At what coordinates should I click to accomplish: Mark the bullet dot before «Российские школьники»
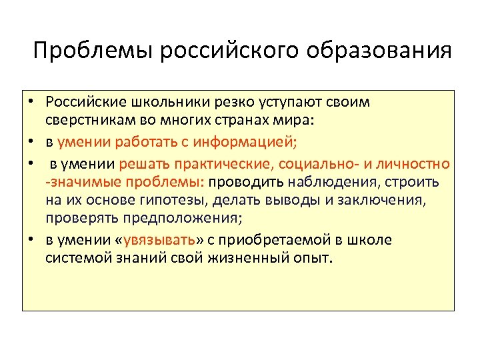point(31,104)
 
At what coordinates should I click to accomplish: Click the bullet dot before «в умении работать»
point(31,141)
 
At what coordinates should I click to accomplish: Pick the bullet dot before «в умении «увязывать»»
point(31,239)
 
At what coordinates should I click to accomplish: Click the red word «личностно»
point(420,164)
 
